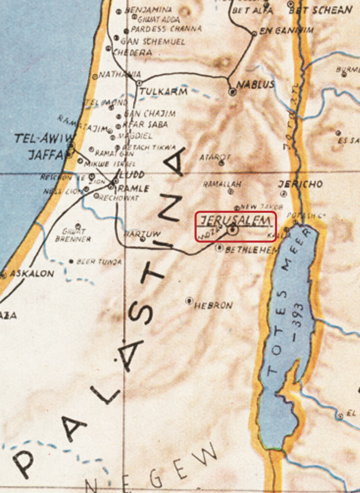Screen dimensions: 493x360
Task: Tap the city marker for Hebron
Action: (189, 301)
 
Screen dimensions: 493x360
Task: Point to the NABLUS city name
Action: (255, 85)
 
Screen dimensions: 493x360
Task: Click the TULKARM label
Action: (163, 91)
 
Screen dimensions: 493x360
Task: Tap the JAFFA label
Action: (45, 155)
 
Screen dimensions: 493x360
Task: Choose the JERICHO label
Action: (300, 184)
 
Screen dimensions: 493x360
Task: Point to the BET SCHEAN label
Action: (327, 10)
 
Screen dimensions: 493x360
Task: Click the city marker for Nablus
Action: (232, 92)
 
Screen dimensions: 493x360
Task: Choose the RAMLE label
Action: (134, 188)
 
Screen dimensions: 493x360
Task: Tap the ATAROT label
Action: (215, 157)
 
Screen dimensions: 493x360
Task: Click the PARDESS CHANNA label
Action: (166, 29)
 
